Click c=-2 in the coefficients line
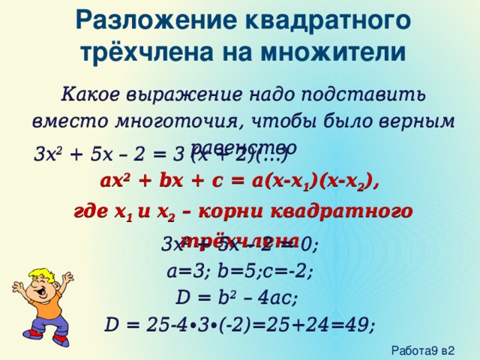pos(292,271)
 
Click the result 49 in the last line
pos(358,325)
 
